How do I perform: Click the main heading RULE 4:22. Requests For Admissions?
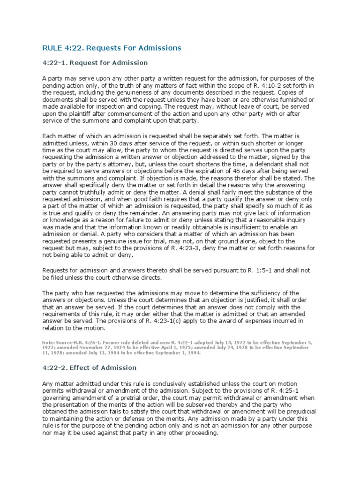[112, 48]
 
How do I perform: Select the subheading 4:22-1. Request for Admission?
[95, 63]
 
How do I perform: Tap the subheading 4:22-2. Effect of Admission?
[90, 367]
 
